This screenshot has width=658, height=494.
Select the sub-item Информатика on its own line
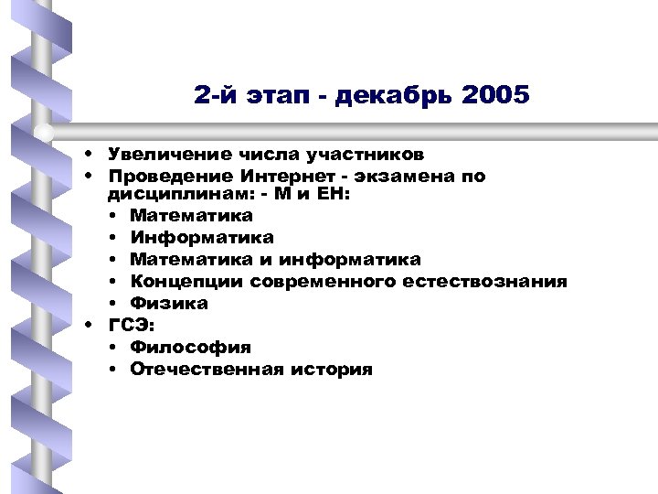pos(201,238)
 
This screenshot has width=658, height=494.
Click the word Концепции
pos(186,282)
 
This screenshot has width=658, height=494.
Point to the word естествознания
pos(493,282)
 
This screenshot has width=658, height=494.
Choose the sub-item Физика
pos(169,304)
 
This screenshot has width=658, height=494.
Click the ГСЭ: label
pos(132,325)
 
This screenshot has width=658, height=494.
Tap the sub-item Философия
pos(190,348)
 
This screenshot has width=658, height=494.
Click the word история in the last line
pos(330,370)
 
